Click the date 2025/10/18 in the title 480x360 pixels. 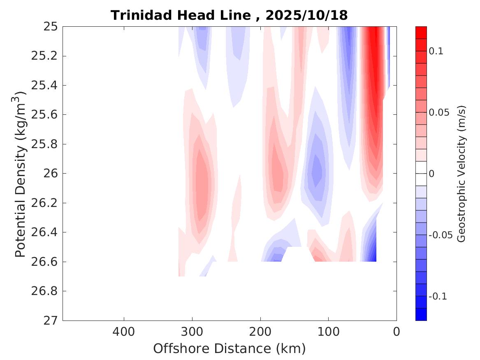307,15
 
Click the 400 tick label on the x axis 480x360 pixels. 124,332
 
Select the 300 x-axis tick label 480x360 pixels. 192,332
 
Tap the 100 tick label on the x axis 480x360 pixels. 328,332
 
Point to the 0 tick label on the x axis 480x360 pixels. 397,332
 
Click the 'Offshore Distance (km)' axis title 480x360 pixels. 230,349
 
